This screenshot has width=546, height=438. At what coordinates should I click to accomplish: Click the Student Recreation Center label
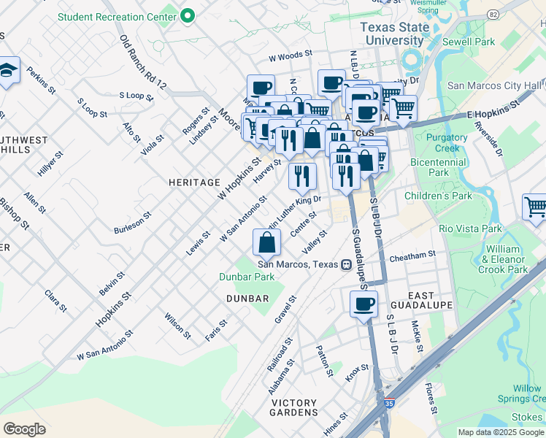click(117, 15)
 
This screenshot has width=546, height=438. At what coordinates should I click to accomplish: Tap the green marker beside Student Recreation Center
click(188, 15)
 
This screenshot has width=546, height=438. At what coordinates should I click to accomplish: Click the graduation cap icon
click(7, 71)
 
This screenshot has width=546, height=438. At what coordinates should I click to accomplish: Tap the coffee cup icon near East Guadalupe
click(364, 304)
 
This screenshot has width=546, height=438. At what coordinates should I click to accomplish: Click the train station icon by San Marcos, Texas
click(347, 264)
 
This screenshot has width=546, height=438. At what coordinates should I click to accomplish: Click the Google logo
click(24, 429)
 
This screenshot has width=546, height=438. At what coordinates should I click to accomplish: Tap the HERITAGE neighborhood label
click(194, 182)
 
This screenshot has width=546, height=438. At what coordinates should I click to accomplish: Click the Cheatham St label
click(412, 255)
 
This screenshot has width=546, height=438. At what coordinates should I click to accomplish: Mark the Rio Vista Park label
click(470, 228)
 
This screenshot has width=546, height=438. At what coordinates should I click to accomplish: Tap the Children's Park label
click(438, 196)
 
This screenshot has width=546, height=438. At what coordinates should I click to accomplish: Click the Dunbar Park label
click(247, 277)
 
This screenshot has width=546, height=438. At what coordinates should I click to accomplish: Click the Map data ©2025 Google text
click(501, 432)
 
